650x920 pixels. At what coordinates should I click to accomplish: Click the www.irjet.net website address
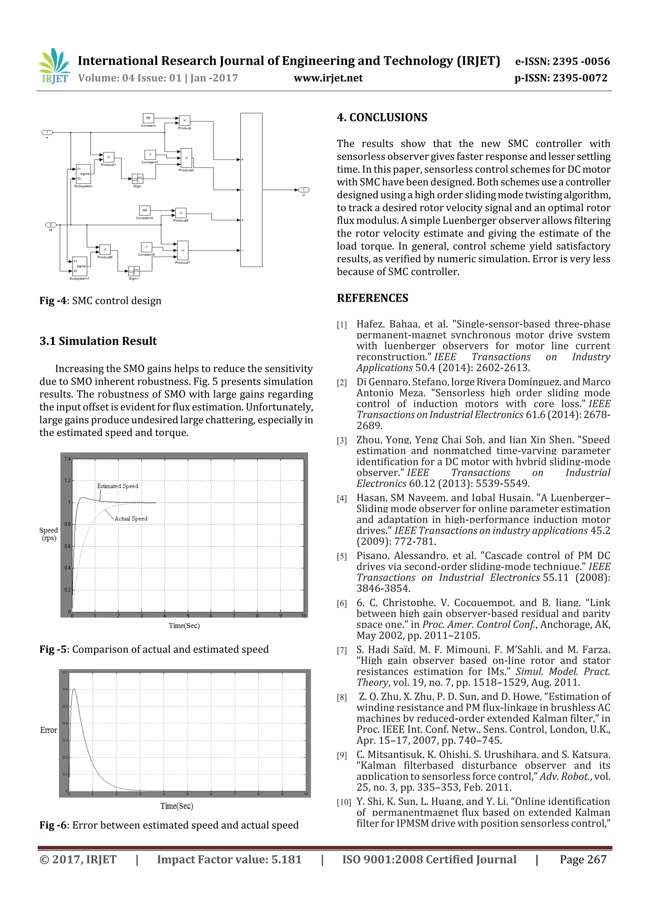[x=328, y=78]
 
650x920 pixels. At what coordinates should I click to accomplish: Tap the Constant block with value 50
[x=148, y=118]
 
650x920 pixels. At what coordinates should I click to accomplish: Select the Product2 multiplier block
[x=186, y=158]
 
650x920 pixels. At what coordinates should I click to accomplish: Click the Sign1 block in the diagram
[x=134, y=271]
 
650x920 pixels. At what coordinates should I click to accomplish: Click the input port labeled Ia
[x=50, y=225]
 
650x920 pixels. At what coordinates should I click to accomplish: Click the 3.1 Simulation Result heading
[x=98, y=341]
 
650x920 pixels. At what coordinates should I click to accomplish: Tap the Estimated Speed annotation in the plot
[x=117, y=486]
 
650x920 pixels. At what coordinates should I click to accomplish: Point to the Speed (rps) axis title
[x=49, y=534]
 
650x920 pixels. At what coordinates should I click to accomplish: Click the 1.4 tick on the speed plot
[x=67, y=459]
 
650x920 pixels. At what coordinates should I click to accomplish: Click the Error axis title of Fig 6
[x=49, y=730]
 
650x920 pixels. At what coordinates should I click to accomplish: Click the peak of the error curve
[x=74, y=689]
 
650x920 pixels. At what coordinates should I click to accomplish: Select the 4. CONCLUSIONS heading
[x=382, y=118]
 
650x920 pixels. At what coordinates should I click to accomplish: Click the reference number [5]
[x=342, y=557]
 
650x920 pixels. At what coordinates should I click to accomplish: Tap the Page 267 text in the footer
[x=583, y=859]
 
